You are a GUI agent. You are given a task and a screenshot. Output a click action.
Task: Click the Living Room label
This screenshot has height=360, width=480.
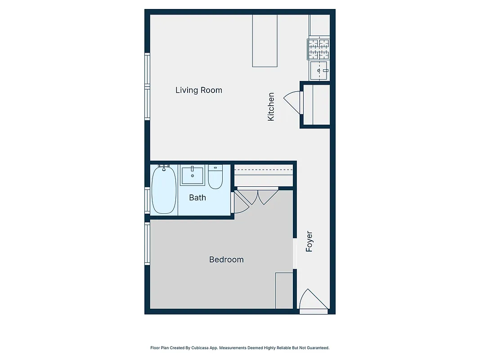coord(198,90)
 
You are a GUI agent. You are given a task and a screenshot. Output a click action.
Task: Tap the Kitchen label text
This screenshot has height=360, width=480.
coord(271,107)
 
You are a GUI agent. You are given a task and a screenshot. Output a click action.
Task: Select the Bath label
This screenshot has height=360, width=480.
coord(197,197)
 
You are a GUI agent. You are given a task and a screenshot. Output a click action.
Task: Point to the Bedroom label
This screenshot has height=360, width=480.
coord(226,260)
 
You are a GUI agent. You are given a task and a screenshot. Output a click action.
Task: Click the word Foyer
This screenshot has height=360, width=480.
coord(309,242)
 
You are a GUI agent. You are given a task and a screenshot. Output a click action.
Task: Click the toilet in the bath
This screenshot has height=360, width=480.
coord(215,177)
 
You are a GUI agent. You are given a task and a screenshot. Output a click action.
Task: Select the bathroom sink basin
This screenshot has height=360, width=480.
coord(193,175)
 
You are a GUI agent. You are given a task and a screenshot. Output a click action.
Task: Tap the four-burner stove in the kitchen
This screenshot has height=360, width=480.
coord(318,49)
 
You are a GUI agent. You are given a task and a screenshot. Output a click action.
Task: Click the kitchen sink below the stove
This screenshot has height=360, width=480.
coord(319,71)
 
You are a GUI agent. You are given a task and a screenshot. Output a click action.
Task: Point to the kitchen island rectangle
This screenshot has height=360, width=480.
coord(265,40)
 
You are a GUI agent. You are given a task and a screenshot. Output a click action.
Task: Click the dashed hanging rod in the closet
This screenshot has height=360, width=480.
coord(264,170)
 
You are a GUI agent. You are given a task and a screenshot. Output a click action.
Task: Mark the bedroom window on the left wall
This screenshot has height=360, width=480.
coord(147,243)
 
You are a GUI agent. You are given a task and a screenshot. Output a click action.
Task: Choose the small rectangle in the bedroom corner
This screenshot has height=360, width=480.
coord(284,290)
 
